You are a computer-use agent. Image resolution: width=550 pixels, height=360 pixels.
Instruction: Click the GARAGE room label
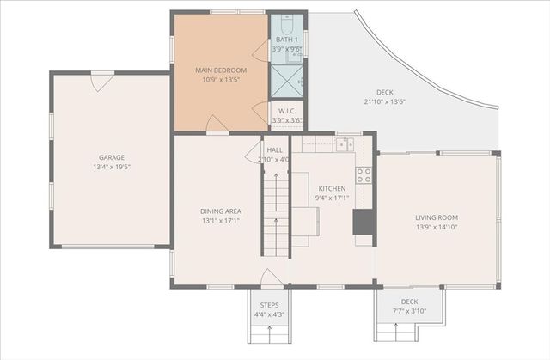(112, 157)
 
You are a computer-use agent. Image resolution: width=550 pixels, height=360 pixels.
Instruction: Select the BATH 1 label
(286, 40)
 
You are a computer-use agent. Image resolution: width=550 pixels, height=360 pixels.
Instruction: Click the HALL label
(274, 149)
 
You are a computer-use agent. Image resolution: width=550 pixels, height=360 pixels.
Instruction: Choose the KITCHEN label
(332, 188)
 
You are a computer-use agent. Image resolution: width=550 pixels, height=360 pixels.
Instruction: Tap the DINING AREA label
(221, 211)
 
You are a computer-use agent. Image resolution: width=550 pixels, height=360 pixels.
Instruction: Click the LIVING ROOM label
(437, 218)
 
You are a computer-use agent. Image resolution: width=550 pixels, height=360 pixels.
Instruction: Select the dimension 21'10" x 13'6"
(384, 102)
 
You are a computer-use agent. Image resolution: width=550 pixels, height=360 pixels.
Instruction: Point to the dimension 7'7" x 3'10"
(409, 311)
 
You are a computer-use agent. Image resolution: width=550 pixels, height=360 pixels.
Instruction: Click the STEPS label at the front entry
(270, 304)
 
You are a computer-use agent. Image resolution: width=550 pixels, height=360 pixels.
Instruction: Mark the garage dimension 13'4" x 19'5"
(112, 167)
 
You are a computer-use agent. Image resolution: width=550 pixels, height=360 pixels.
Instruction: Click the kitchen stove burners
(364, 175)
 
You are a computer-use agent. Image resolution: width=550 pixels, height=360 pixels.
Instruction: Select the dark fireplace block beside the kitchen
(364, 222)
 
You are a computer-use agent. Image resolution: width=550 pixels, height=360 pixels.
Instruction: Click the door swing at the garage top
(102, 82)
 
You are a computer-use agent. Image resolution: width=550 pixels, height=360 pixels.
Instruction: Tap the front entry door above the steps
(270, 278)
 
